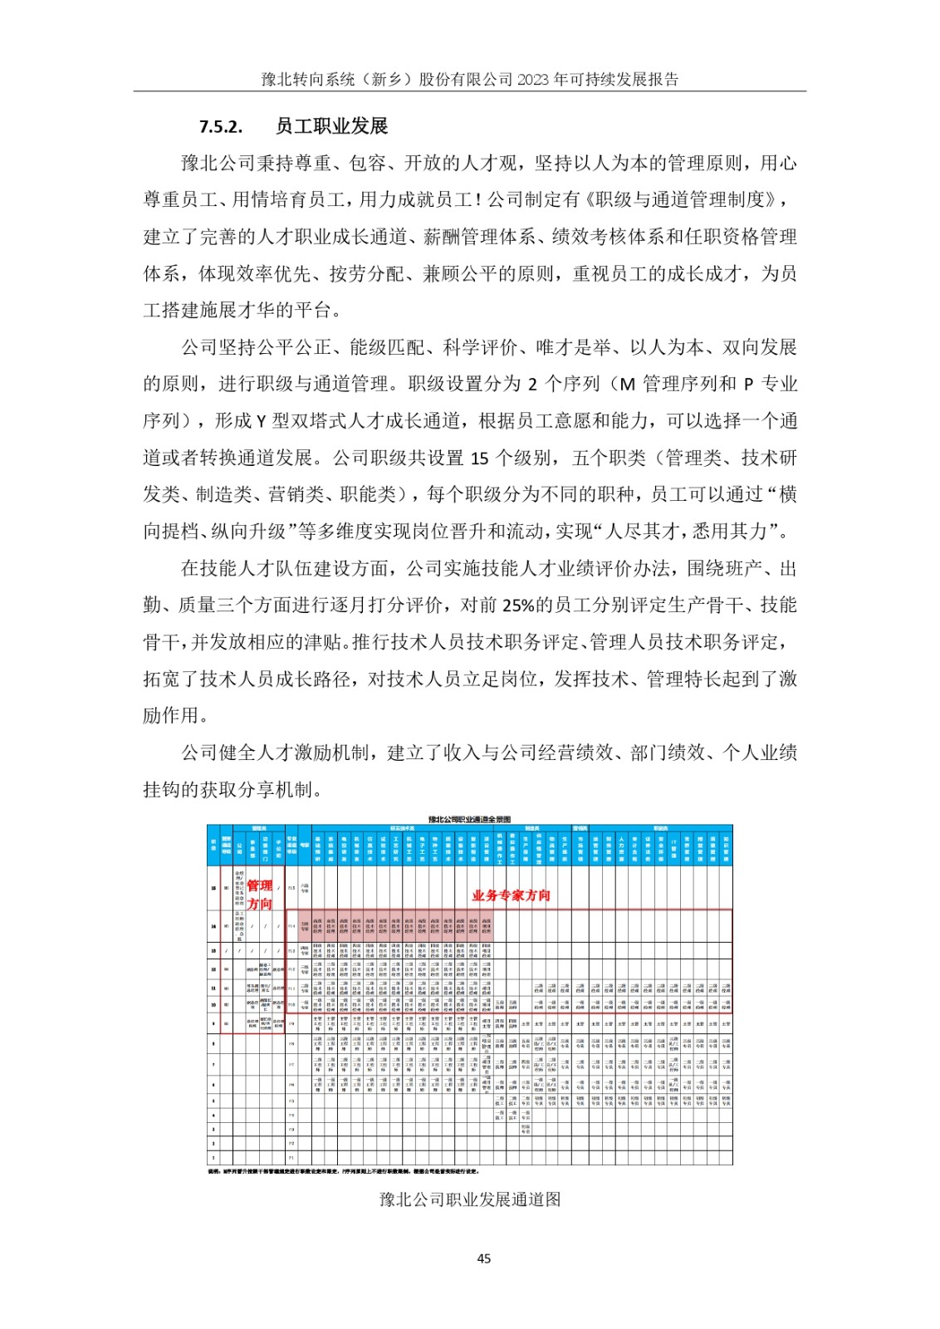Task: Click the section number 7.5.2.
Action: coord(220,126)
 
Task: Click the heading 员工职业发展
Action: coord(331,126)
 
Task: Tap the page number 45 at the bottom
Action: coord(483,1258)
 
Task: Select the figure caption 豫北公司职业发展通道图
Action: coord(470,1199)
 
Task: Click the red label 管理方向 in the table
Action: coord(260,895)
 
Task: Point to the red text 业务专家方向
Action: coord(511,895)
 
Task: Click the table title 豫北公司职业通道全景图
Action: coord(469,819)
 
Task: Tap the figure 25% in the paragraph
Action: coord(518,606)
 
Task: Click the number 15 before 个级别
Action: coord(479,459)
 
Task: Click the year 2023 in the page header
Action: coord(533,80)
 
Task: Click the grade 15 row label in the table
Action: coord(213,888)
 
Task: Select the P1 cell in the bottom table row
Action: coord(291,1157)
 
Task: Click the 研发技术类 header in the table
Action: coord(402,828)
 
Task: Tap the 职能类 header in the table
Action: coord(660,828)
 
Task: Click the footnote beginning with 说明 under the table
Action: coord(344,1172)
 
